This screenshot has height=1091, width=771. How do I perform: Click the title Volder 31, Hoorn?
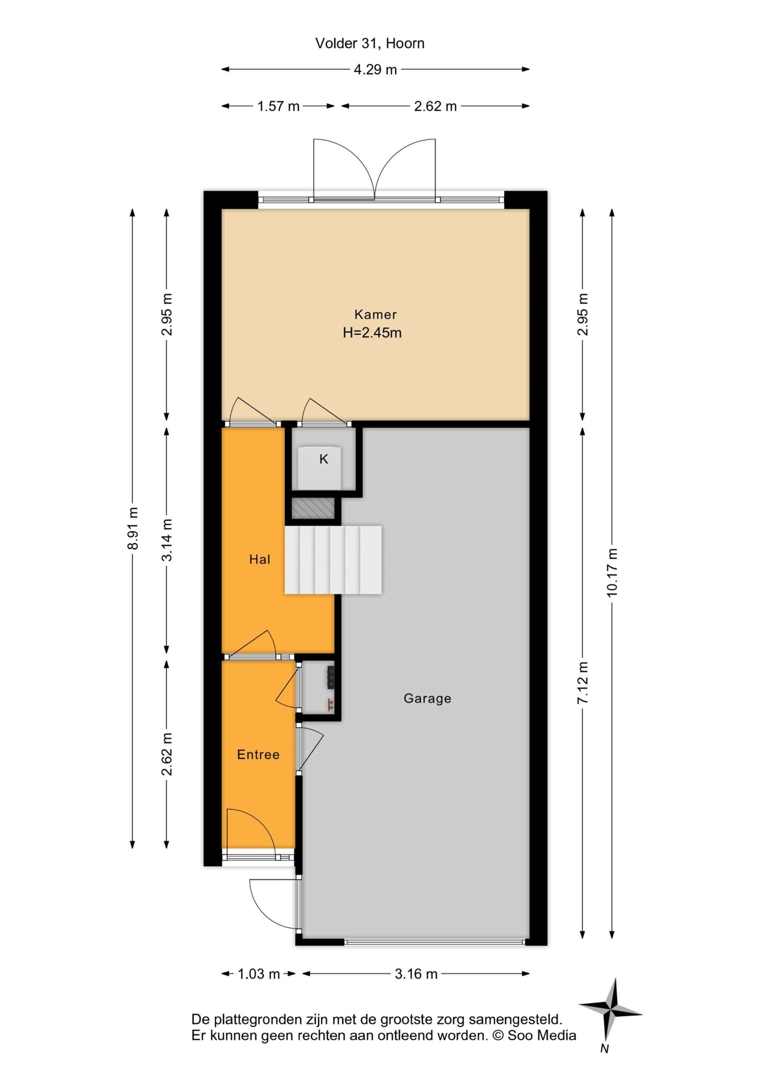(369, 43)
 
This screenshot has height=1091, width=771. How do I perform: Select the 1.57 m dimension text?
(278, 106)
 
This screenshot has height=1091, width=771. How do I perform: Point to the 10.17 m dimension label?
(612, 572)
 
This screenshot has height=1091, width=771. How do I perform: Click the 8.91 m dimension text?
(133, 528)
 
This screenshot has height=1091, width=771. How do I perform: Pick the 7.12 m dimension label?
(582, 682)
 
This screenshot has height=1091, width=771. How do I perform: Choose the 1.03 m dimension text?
(259, 974)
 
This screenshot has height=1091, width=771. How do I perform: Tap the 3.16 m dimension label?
(416, 974)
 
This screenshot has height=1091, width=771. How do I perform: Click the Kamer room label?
(375, 314)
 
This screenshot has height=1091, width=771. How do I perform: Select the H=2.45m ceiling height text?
(372, 333)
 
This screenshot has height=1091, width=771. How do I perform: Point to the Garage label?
(428, 698)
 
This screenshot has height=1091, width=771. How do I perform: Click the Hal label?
(260, 559)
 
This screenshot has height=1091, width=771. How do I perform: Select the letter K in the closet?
(324, 459)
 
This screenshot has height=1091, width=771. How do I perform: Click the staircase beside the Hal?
(333, 559)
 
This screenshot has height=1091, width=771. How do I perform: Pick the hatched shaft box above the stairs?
(313, 508)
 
